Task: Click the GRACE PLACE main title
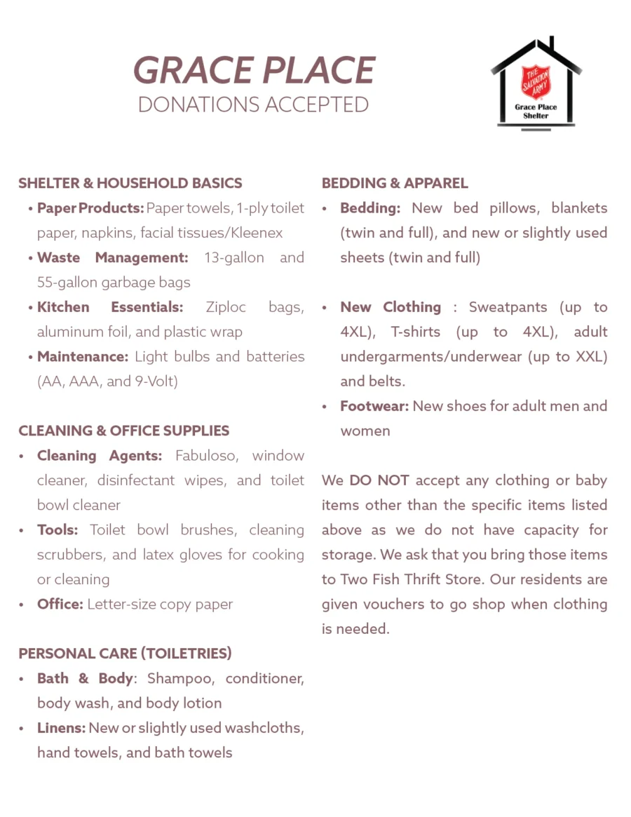(x=254, y=70)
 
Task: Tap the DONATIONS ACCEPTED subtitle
(x=253, y=104)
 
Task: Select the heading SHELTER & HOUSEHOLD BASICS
(x=130, y=183)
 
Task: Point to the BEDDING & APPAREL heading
(x=395, y=183)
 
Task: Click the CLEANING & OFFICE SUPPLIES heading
(x=124, y=431)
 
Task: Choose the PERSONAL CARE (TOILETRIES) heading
(x=125, y=654)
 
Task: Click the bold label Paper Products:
(x=90, y=208)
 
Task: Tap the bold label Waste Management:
(x=113, y=257)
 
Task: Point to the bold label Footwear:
(x=374, y=406)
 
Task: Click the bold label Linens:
(x=61, y=728)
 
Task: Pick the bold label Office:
(x=60, y=605)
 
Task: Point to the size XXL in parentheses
(x=588, y=356)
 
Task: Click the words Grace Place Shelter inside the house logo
(x=536, y=111)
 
